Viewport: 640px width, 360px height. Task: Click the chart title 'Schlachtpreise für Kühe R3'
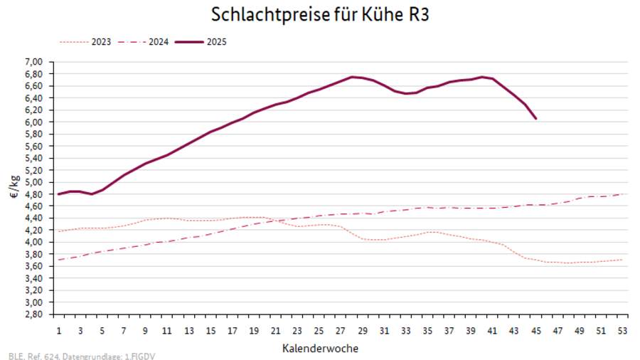(320, 14)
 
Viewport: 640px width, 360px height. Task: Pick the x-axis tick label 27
(341, 330)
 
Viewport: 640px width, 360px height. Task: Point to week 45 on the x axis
(536, 330)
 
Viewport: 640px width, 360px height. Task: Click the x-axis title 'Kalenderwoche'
(319, 349)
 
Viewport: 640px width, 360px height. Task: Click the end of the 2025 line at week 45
(536, 119)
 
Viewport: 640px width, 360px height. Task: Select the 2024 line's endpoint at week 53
(624, 194)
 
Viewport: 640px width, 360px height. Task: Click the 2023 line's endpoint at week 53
(624, 260)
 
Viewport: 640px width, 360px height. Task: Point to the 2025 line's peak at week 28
(352, 77)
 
